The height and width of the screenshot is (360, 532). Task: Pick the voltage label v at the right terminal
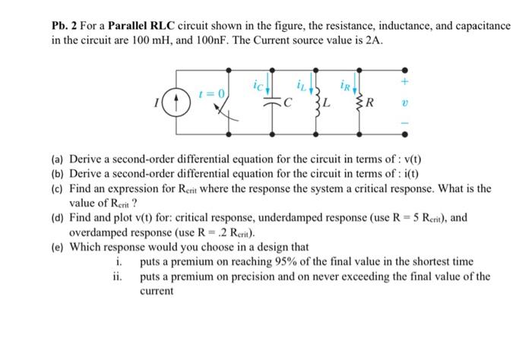pyautogui.click(x=405, y=99)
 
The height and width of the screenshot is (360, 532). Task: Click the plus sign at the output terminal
pyautogui.click(x=405, y=80)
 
